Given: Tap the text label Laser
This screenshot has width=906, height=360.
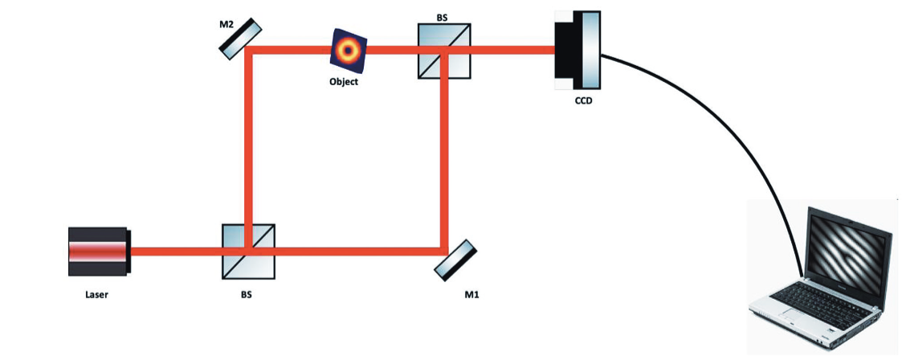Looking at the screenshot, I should (x=96, y=295).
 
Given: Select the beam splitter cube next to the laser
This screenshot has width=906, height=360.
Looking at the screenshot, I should (x=248, y=251).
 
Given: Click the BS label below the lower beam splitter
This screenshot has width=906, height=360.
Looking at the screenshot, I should (x=246, y=295).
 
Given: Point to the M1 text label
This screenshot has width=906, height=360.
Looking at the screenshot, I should (x=472, y=296).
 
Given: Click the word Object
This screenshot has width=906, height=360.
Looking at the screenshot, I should (x=344, y=81).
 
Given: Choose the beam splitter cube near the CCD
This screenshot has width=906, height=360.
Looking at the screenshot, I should (x=444, y=51).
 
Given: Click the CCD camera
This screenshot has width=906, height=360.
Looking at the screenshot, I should (x=577, y=50).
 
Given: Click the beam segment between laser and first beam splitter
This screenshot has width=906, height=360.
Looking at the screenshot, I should (x=176, y=251).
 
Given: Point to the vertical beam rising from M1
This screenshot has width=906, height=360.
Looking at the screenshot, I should (x=443, y=161).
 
